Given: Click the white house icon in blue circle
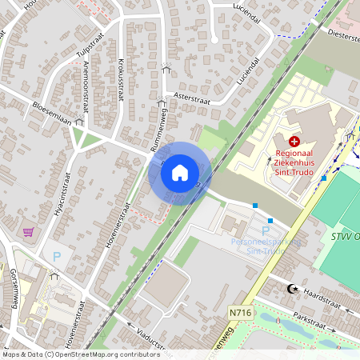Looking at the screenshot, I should tap(180, 172).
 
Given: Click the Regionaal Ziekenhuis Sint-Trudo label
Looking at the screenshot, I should tap(293, 159).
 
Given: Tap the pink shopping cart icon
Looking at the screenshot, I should tap(29, 232).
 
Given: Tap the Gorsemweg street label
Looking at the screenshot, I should tap(14, 289).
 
